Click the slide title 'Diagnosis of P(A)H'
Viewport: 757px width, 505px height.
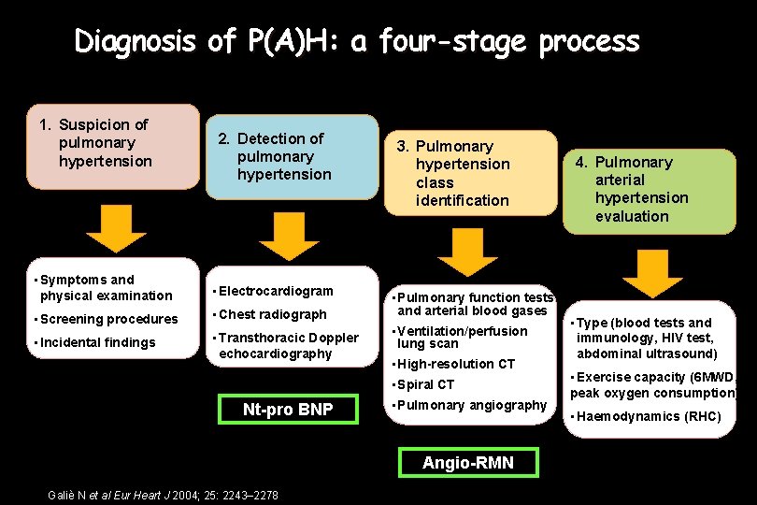357,42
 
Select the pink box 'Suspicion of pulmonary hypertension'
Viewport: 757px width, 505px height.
102,143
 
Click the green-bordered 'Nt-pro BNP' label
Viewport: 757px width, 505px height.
288,410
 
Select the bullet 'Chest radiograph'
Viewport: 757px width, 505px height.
272,314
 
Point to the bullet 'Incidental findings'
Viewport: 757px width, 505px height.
97,342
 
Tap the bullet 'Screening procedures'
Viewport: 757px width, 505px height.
107,319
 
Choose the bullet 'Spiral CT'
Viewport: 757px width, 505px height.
425,384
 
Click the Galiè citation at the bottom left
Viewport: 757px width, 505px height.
154,493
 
